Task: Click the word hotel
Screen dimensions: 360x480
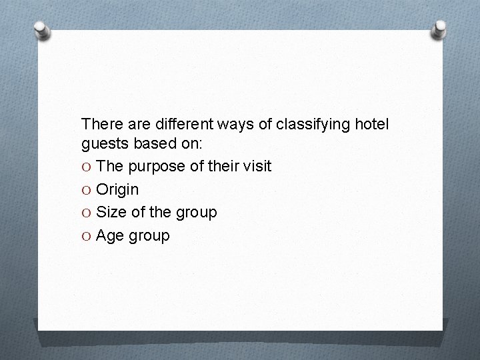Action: click(371, 123)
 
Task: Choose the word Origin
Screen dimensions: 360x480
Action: click(117, 190)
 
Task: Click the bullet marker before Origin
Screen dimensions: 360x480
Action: click(87, 190)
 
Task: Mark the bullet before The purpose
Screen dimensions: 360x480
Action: click(87, 167)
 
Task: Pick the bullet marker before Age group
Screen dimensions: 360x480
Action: click(87, 236)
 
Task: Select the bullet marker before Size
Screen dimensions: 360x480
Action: click(87, 213)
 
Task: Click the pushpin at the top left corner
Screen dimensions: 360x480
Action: click(42, 30)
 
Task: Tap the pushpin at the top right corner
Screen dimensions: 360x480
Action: click(441, 29)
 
